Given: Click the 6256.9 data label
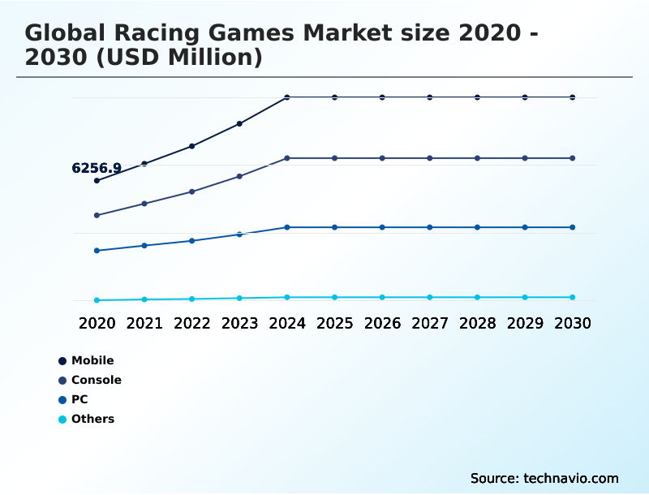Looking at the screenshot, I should tap(97, 169).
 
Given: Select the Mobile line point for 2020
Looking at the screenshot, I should tap(97, 180).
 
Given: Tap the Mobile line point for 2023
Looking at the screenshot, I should tap(239, 124).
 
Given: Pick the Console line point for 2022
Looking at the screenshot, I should tap(192, 192).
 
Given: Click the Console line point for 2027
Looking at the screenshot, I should tap(430, 158).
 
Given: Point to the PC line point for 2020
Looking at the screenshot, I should tap(97, 251).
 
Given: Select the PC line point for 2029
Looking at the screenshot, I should tap(525, 227).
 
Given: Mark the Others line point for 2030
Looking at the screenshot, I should tap(573, 297).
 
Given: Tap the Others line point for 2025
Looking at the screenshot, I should tap(334, 297).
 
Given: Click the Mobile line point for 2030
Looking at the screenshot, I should tap(573, 97).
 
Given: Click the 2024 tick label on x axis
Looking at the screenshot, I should tap(287, 323).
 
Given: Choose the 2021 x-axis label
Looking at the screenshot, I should tap(144, 323).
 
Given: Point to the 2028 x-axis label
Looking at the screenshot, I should tap(477, 323).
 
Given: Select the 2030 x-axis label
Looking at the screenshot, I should tap(573, 323).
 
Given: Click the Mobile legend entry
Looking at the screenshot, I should tap(92, 360).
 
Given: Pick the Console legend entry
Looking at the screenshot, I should tap(96, 380).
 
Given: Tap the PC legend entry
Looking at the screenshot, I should tap(79, 399).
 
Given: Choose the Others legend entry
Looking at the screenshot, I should tap(92, 419).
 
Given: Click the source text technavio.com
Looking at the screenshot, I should tap(544, 478).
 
